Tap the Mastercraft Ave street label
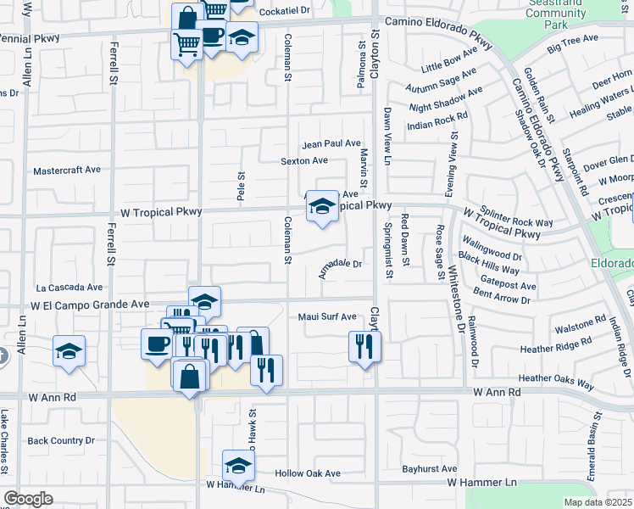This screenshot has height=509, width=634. tap(66, 170)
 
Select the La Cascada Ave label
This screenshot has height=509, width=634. tap(69, 288)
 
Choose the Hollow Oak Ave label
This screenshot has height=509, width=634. tap(308, 473)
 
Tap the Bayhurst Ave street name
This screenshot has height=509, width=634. tap(430, 468)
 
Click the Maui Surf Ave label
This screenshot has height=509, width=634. tap(327, 317)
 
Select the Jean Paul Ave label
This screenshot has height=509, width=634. tap(331, 143)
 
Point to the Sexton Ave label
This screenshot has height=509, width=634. tap(304, 160)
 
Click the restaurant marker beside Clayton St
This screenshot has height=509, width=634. tap(365, 345)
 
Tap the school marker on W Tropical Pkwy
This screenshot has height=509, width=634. tap(322, 205)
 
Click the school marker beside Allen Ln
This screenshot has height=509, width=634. tap(69, 350)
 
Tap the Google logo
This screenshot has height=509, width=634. tap(28, 499)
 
